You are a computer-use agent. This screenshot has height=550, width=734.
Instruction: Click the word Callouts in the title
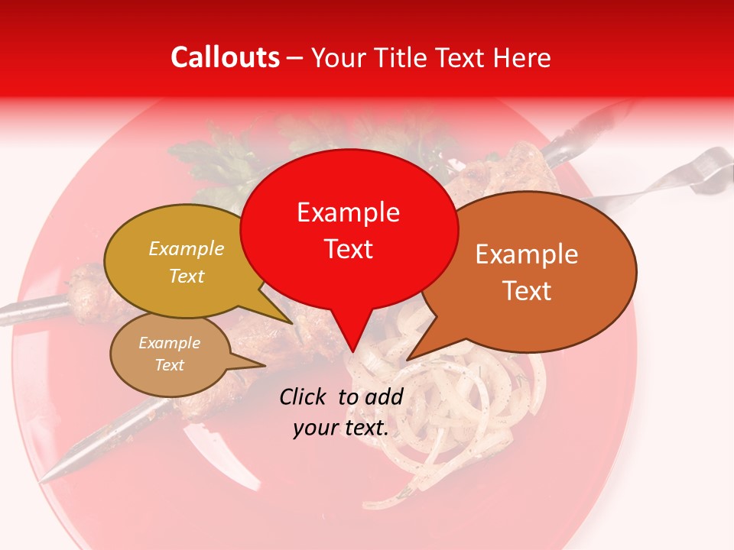pos(225,57)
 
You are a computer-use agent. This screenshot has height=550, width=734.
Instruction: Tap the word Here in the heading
pos(523,57)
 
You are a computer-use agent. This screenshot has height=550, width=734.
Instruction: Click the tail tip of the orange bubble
pos(408,359)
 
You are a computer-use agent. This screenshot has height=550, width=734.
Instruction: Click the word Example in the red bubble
pos(348,212)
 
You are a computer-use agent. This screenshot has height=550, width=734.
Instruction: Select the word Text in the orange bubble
pos(527,291)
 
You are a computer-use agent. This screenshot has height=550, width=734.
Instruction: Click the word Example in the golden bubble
pos(187,249)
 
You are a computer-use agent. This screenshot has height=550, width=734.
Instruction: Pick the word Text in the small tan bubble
pos(169,365)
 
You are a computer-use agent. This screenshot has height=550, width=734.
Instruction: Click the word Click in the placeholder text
pos(304,396)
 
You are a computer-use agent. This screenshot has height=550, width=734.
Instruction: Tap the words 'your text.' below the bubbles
pos(341,429)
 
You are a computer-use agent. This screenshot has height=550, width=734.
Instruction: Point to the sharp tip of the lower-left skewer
pos(44,479)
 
